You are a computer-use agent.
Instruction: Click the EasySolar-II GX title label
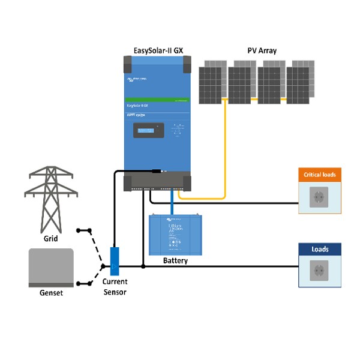tap(157, 50)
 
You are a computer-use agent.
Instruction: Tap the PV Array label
tap(262, 50)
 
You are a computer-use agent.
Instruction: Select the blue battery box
tap(175, 235)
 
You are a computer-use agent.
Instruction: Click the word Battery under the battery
tap(175, 261)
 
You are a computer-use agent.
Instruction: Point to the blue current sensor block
tap(115, 259)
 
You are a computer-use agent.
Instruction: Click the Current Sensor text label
tap(115, 286)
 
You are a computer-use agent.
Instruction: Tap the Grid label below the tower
tap(50, 237)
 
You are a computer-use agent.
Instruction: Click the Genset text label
tap(51, 293)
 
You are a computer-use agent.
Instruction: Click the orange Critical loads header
tap(319, 175)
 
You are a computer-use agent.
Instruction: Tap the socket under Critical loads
tap(319, 197)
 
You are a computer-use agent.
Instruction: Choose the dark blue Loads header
tap(319, 249)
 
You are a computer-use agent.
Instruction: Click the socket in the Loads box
tap(319, 271)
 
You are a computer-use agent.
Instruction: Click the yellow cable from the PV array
tap(225, 150)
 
